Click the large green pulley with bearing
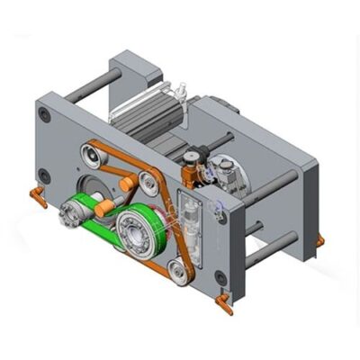139,226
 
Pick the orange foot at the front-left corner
38,196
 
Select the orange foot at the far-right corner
319,241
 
